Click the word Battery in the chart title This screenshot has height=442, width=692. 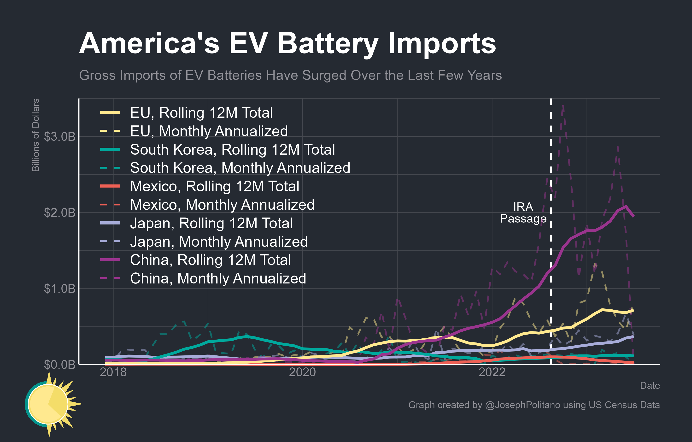click(328, 44)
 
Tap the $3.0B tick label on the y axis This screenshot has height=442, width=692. click(59, 136)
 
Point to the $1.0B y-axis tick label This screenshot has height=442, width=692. click(59, 289)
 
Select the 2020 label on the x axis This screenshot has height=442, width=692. click(302, 372)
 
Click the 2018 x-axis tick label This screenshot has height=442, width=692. click(113, 372)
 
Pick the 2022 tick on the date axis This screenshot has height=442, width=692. click(492, 372)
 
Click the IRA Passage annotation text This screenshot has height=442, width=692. click(523, 213)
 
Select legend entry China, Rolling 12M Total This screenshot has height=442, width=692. click(210, 260)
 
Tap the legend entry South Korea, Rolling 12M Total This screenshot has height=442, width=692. click(232, 149)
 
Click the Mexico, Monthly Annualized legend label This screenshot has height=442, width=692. click(222, 205)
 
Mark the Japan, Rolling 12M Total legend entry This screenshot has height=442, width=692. click(211, 223)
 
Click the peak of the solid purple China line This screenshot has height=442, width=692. click(626, 206)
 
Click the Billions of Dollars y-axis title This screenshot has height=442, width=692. click(35, 135)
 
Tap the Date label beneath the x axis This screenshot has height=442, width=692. click(650, 385)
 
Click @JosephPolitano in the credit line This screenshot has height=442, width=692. click(522, 405)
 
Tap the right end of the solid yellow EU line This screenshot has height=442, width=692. click(633, 310)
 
